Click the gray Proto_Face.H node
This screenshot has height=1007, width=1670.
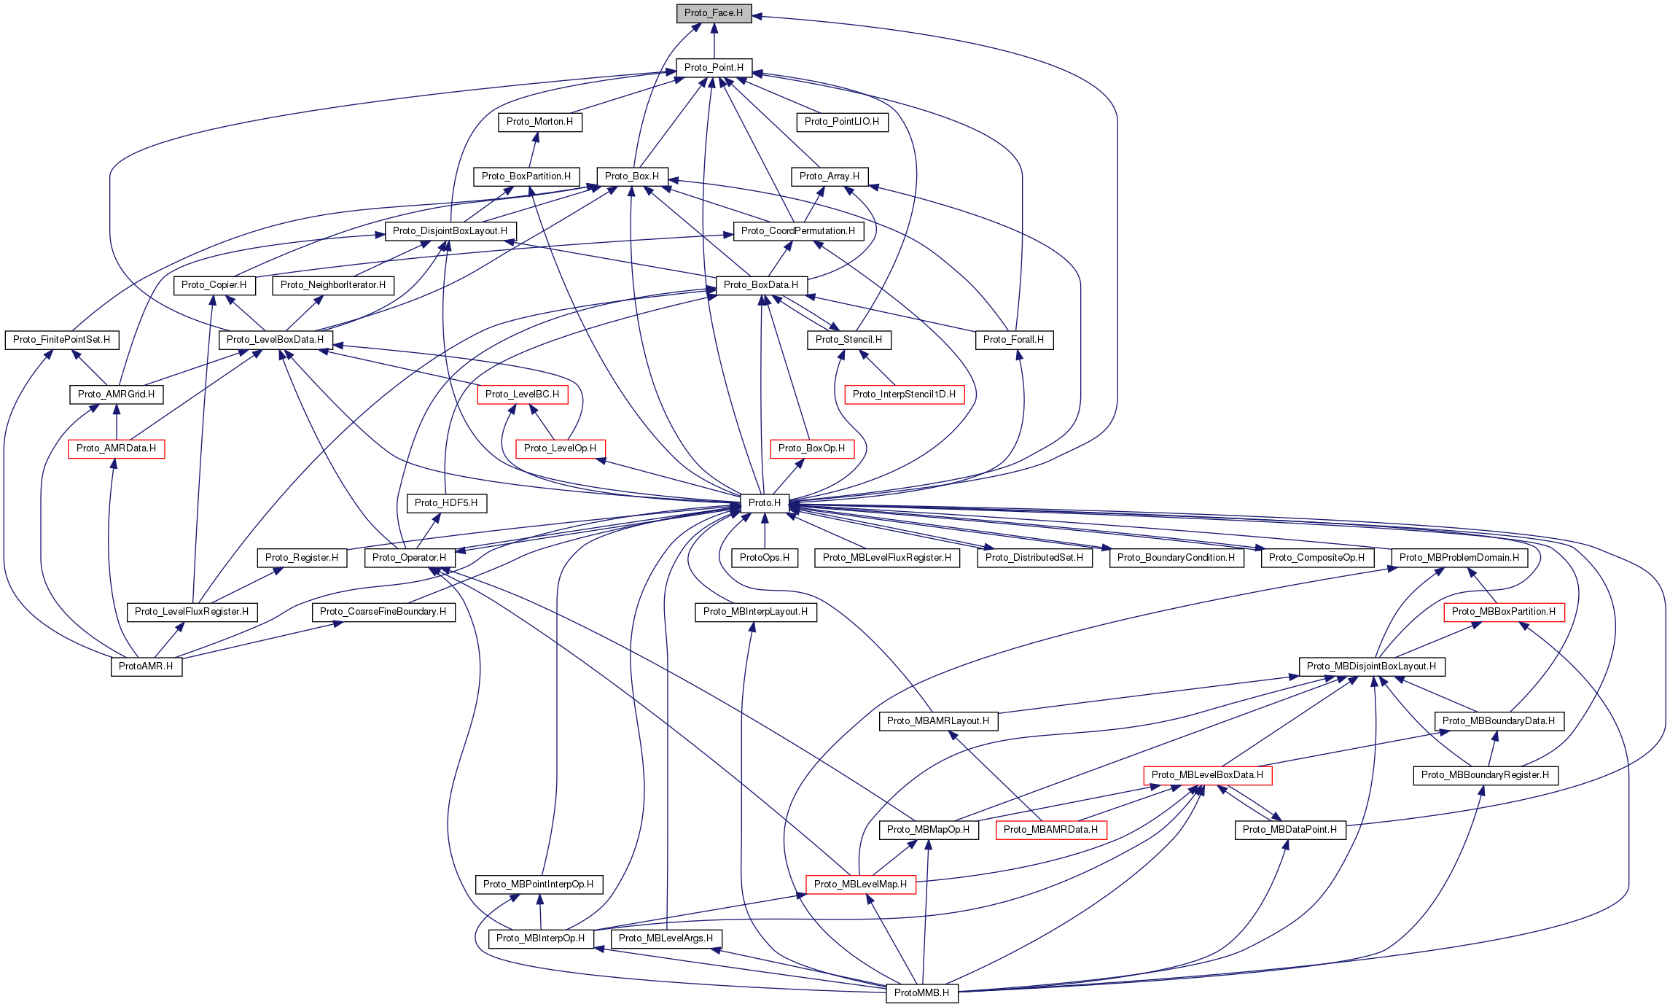714,13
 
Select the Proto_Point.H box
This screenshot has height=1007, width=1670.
714,68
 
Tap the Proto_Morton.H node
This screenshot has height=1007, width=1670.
539,122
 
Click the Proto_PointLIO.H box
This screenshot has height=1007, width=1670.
842,122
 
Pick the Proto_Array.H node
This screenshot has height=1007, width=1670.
829,176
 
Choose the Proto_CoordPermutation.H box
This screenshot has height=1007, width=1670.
798,231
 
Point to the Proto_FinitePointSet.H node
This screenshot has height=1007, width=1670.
61,340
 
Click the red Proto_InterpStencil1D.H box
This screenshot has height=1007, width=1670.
904,394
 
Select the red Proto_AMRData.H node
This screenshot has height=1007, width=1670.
116,448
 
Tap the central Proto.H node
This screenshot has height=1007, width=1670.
764,503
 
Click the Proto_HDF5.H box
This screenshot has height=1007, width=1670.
446,503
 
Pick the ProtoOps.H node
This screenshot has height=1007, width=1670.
765,558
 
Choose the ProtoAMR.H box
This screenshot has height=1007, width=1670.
146,666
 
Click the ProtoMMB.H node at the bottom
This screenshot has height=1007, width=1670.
921,993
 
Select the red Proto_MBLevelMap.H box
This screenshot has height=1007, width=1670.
860,884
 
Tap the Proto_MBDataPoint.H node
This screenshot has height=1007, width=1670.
1289,830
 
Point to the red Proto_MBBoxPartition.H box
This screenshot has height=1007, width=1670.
1503,612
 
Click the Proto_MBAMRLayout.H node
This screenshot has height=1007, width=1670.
938,721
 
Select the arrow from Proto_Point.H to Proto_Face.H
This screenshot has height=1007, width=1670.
714,41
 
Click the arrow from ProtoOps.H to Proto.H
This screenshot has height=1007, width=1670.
765,531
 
